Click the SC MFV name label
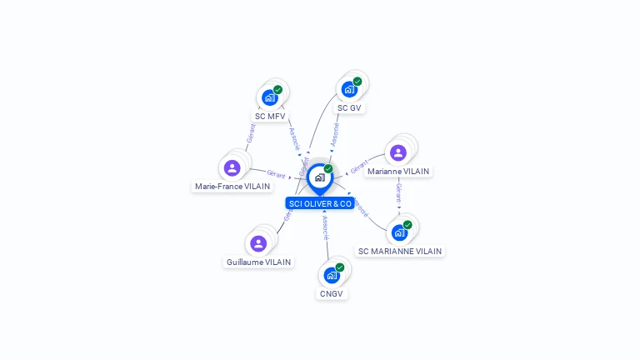pyautogui.click(x=271, y=116)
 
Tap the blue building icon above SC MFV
pyautogui.click(x=270, y=97)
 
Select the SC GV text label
pyautogui.click(x=350, y=107)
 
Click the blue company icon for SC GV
pyautogui.click(x=349, y=89)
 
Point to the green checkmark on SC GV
pyautogui.click(x=357, y=82)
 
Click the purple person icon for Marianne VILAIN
pyautogui.click(x=398, y=152)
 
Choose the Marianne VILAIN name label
pyautogui.click(x=398, y=172)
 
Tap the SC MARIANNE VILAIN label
pyautogui.click(x=400, y=251)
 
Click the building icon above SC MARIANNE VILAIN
pyautogui.click(x=400, y=232)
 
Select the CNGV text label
pyautogui.click(x=332, y=293)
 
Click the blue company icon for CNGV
pyautogui.click(x=332, y=275)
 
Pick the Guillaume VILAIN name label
pyautogui.click(x=258, y=262)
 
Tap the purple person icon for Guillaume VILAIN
pyautogui.click(x=258, y=243)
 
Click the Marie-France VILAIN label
pyautogui.click(x=232, y=187)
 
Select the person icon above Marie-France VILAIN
pyautogui.click(x=232, y=167)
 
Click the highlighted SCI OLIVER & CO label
pyautogui.click(x=320, y=203)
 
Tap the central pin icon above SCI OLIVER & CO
pyautogui.click(x=319, y=177)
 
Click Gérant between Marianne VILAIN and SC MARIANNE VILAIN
pyautogui.click(x=399, y=195)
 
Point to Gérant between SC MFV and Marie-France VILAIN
pyautogui.click(x=249, y=133)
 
